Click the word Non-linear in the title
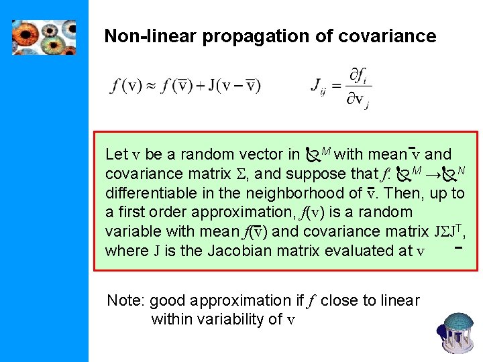(x=138, y=36)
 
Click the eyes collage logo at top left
(x=44, y=37)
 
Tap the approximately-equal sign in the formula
(x=152, y=86)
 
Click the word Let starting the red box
(x=117, y=155)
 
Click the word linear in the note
(x=400, y=300)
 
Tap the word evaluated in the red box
(x=371, y=251)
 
